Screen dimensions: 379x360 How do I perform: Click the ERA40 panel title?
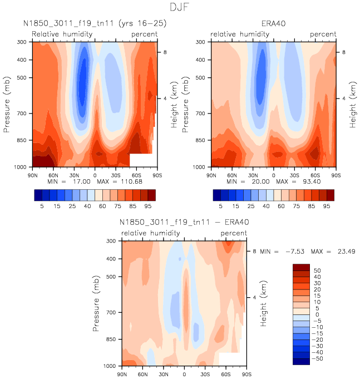pyautogui.click(x=274, y=24)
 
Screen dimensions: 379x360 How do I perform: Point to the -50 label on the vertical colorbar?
pyautogui.click(x=317, y=358)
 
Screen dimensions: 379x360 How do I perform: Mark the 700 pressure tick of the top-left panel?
pyautogui.click(x=23, y=114)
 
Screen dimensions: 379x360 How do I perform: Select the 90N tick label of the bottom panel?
pyautogui.click(x=122, y=375)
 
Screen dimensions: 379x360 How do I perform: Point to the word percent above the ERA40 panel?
pyautogui.click(x=323, y=35)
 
